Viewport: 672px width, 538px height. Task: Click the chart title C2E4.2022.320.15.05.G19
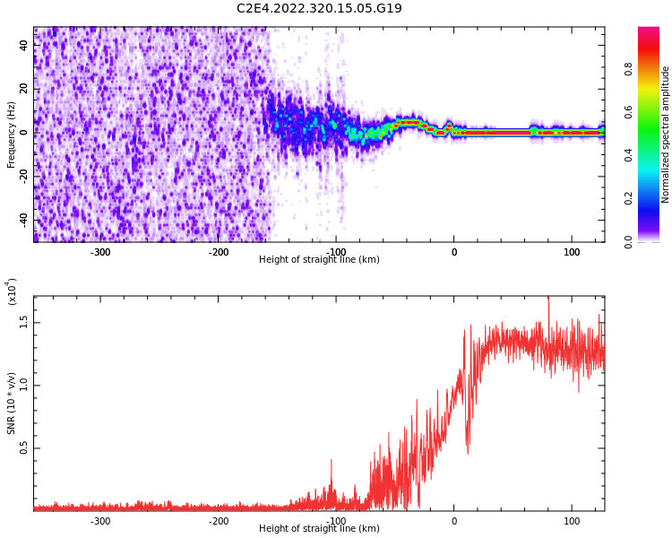click(319, 9)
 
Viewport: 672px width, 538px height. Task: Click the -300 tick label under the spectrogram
click(100, 251)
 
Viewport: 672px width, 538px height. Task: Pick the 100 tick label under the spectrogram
click(572, 251)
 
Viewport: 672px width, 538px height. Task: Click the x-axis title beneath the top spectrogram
click(319, 260)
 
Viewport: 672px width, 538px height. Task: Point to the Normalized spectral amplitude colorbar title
click(666, 134)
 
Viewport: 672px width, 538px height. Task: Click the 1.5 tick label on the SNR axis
click(24, 323)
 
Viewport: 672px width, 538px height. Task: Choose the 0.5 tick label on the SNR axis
click(24, 449)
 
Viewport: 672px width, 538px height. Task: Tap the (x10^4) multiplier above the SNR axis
click(12, 291)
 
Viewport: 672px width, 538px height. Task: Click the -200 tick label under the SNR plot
click(218, 521)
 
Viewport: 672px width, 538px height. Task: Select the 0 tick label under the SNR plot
click(453, 521)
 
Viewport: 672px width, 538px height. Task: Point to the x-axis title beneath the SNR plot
click(319, 529)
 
